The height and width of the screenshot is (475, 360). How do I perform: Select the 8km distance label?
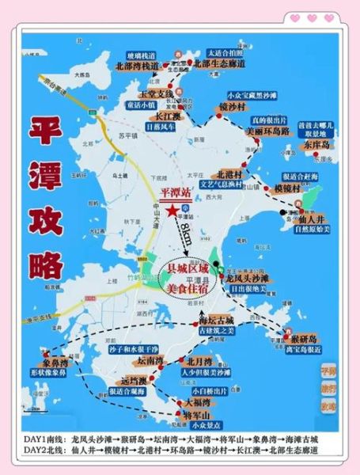pyautogui.click(x=185, y=234)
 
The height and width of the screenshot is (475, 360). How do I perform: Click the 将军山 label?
pyautogui.click(x=195, y=415)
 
